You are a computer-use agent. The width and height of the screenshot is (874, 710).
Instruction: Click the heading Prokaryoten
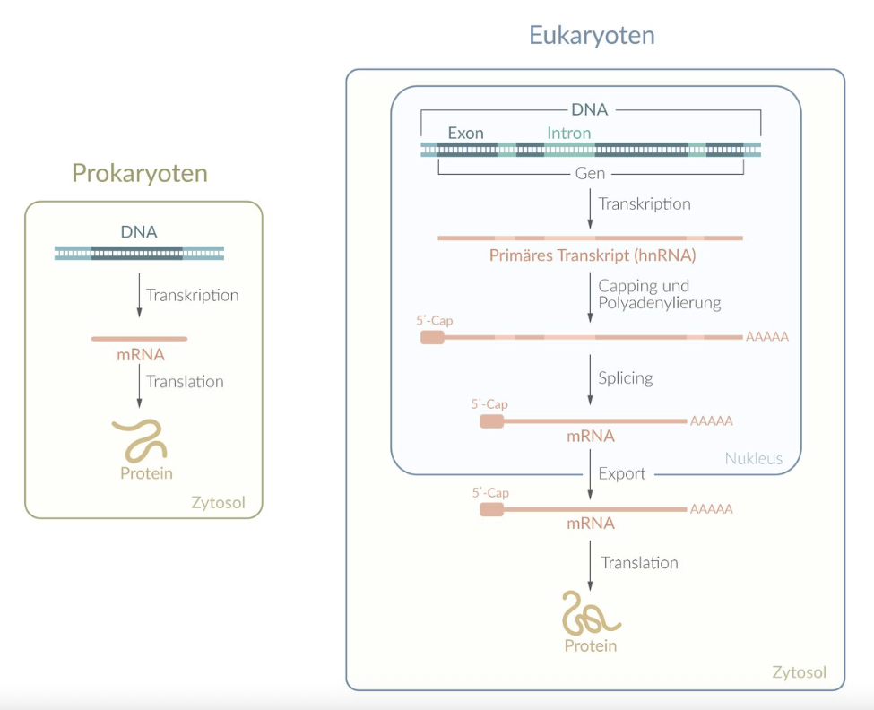pos(140,172)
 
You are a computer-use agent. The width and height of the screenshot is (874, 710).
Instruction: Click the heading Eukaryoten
pos(592,35)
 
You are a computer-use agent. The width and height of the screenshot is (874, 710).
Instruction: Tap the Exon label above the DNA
pos(465,133)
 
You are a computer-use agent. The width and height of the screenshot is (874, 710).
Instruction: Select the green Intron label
pos(569,133)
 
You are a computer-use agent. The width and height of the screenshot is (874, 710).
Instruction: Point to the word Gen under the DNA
pos(590,172)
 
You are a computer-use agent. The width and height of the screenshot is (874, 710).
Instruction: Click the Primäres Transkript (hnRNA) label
pos(592,255)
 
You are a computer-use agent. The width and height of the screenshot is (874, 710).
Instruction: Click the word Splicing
pos(625,377)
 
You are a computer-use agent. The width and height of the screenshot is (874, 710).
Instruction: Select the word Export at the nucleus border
pos(621,473)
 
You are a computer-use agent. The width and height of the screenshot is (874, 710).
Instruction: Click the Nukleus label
pos(753,459)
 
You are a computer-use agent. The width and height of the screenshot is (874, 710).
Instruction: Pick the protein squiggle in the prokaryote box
pos(140,440)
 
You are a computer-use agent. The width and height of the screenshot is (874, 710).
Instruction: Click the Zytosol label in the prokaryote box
pos(218,502)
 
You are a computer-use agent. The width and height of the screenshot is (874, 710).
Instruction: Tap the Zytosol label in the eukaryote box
pos(799,672)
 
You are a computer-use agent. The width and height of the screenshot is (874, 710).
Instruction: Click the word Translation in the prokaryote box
pos(185,381)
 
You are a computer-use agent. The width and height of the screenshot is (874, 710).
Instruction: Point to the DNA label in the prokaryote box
pos(139,231)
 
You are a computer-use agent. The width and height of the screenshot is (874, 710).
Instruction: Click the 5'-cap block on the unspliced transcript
pos(432,337)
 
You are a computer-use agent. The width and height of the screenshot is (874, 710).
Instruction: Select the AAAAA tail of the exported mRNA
pos(711,509)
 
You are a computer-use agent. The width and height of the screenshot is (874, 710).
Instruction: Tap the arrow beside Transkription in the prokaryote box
pos(139,295)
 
